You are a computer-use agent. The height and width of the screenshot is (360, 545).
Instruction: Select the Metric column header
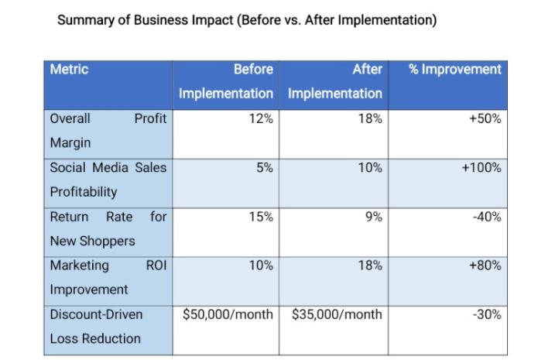tap(70, 70)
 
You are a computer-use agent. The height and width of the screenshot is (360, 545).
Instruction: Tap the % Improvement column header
tap(454, 70)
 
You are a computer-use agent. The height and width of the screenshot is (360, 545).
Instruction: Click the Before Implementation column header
tap(226, 81)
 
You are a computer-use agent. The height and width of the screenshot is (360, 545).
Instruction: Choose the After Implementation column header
tap(335, 81)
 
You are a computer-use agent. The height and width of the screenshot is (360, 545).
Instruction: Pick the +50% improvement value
tap(485, 119)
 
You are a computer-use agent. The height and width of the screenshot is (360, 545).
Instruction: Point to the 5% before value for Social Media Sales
tap(264, 167)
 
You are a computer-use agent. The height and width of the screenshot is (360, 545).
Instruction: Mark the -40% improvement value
tap(487, 217)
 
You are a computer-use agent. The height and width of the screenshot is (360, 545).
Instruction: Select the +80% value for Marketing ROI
tap(485, 266)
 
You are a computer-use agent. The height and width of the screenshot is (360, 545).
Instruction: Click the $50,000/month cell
tap(228, 314)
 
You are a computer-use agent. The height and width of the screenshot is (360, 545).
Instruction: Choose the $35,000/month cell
tap(337, 314)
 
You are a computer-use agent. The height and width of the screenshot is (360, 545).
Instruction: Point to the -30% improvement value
tap(487, 314)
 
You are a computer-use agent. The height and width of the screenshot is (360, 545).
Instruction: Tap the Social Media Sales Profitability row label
tap(108, 179)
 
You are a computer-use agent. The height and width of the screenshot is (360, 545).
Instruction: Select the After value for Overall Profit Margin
tap(370, 119)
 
